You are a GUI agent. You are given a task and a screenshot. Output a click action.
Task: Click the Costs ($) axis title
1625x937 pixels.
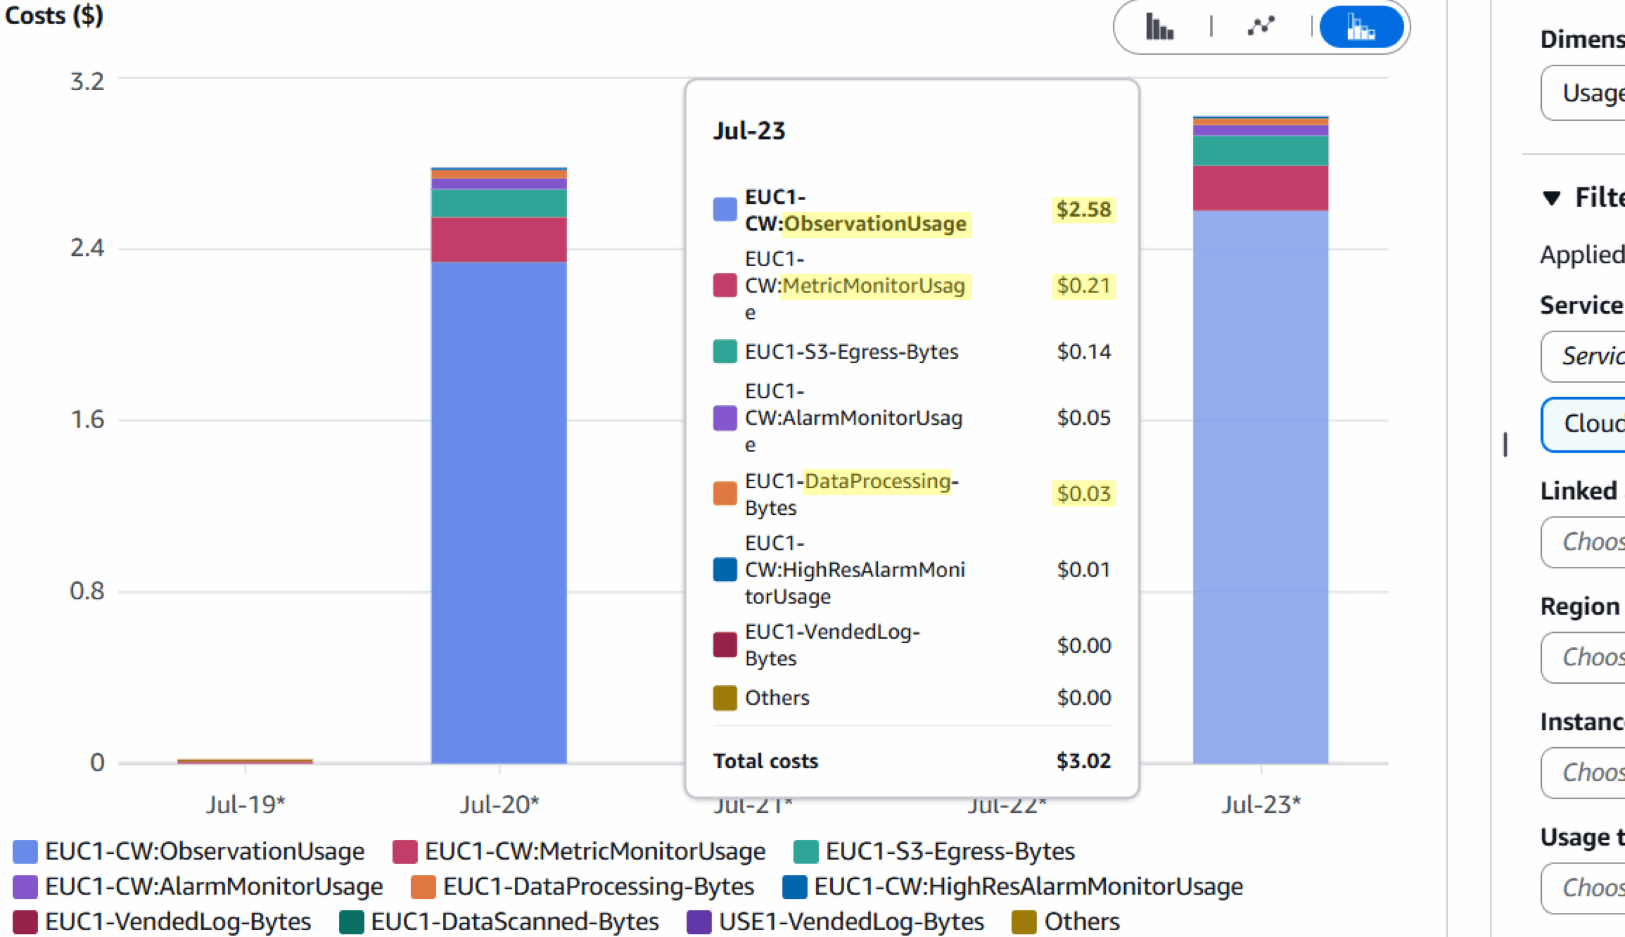[x=54, y=15]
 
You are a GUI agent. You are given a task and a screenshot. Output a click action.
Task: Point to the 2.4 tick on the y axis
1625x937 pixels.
[x=87, y=248]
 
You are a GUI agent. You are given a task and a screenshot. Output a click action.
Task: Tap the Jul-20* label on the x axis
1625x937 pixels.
[x=499, y=804]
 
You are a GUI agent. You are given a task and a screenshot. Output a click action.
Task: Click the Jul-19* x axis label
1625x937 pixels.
[x=245, y=804]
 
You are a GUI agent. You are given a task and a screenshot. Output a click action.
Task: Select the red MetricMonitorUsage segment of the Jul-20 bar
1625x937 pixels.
[x=498, y=239]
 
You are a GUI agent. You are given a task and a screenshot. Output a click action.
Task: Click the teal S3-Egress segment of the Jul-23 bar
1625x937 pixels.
[x=1259, y=150]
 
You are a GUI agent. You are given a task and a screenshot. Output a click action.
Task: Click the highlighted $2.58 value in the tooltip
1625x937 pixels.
[x=1084, y=209]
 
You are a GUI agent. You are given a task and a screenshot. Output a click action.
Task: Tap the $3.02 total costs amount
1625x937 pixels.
[x=1084, y=761]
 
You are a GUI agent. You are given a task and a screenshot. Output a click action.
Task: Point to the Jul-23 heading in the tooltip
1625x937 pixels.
[x=749, y=131]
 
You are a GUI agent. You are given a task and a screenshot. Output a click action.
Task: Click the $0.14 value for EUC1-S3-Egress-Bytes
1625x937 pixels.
[x=1084, y=352]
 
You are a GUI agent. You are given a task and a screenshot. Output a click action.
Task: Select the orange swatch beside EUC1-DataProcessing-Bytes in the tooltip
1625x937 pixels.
[x=724, y=494]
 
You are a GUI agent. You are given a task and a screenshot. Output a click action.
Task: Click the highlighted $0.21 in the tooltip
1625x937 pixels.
[x=1084, y=286]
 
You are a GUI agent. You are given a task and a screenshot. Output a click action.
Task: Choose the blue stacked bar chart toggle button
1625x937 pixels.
[x=1360, y=28]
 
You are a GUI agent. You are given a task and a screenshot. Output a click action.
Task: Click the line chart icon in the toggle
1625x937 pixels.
[x=1260, y=27]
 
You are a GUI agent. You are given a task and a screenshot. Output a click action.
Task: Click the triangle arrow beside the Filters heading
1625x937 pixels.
[x=1551, y=197]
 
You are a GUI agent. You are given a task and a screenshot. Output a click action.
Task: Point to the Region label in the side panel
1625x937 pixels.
[x=1579, y=606]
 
